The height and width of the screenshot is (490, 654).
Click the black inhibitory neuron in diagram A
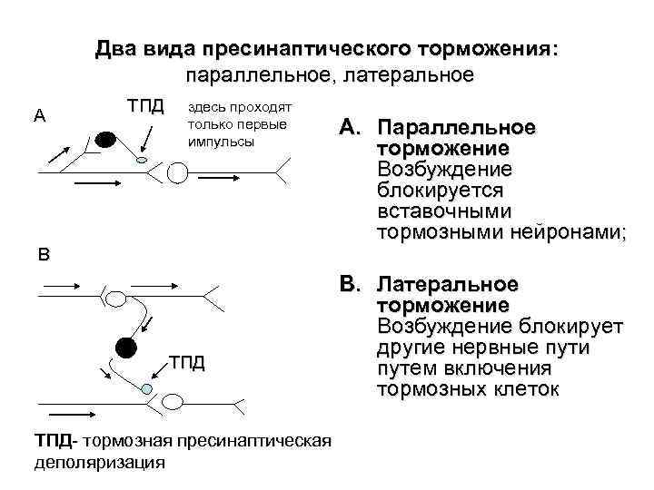[x=105, y=140]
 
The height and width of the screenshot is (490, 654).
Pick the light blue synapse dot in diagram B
[x=147, y=388]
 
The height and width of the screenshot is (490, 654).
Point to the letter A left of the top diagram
[x=39, y=115]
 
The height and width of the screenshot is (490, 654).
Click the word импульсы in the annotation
[x=221, y=142]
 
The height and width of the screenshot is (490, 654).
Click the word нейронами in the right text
[x=567, y=232]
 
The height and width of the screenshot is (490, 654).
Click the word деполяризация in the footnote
[x=100, y=462]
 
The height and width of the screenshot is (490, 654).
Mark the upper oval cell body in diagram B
[x=118, y=297]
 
